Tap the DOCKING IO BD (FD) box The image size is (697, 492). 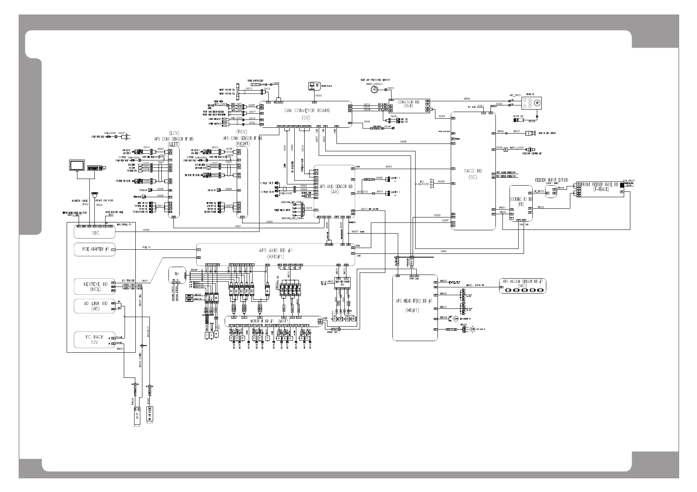pos(521,203)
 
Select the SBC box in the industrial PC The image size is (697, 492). pos(94,233)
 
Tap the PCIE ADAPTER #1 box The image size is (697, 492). pos(94,250)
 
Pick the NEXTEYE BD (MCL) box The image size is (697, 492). pos(94,287)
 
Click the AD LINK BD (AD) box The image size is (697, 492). pos(94,306)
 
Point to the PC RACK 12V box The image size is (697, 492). pos(94,340)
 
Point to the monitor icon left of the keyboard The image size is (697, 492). pos(77,166)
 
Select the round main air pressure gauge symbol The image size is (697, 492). pos(375,89)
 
